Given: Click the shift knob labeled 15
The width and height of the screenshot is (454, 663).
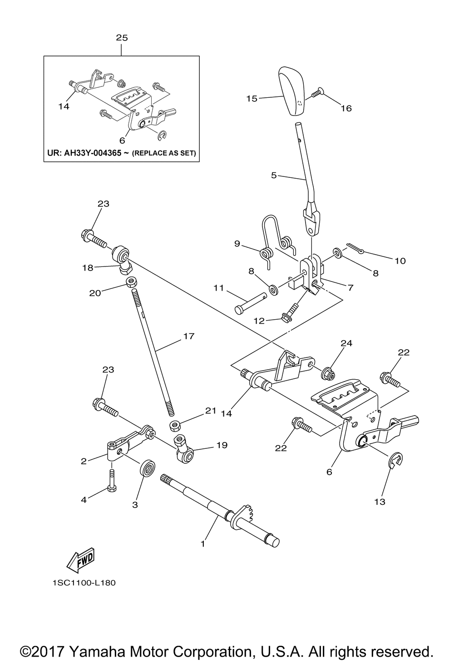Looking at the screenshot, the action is pyautogui.click(x=291, y=90).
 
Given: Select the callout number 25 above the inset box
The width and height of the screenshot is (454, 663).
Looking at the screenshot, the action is pyautogui.click(x=122, y=38).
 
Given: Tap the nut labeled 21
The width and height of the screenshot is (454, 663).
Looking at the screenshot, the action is pyautogui.click(x=174, y=426).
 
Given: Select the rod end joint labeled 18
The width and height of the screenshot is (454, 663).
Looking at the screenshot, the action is pyautogui.click(x=122, y=257).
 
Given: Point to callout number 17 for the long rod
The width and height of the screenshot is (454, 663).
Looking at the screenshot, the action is pyautogui.click(x=188, y=336).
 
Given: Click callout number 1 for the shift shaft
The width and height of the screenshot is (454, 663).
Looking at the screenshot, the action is pyautogui.click(x=203, y=543).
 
